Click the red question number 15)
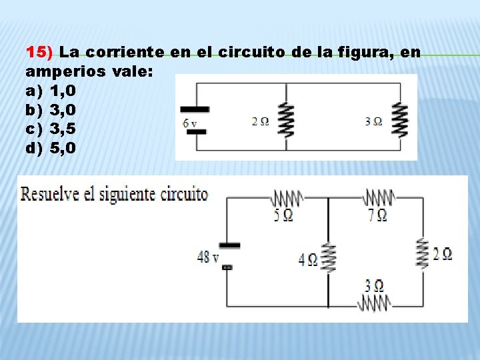(x=42, y=51)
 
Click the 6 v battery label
(x=190, y=123)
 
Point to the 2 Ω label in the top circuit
(x=261, y=122)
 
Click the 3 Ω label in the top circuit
(x=373, y=122)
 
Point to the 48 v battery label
(x=208, y=257)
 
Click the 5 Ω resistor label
(x=283, y=215)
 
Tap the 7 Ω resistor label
(x=377, y=215)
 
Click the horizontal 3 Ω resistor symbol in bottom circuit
(x=373, y=303)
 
